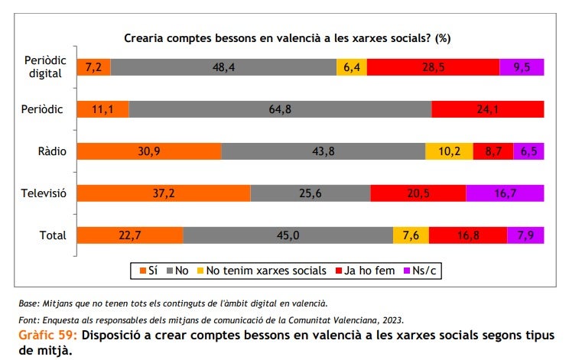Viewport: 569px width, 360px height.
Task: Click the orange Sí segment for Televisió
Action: (x=164, y=193)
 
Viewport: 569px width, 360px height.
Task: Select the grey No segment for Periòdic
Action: (x=280, y=109)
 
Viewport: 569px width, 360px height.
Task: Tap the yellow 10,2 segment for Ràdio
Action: (x=449, y=151)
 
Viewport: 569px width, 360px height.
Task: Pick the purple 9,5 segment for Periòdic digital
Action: (x=522, y=66)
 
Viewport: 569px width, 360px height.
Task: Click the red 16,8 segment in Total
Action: (x=467, y=235)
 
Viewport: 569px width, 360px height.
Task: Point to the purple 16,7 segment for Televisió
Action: (x=505, y=193)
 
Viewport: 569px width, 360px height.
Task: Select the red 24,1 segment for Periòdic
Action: (x=488, y=109)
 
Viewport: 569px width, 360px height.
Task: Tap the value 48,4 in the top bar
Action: (x=223, y=66)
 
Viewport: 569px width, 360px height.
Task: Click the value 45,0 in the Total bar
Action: (x=288, y=235)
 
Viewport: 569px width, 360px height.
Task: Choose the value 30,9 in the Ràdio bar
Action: (x=149, y=151)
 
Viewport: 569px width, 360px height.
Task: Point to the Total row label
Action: (x=53, y=235)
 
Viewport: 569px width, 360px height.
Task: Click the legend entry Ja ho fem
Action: (x=370, y=271)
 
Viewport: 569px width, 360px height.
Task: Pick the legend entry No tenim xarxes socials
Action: (x=267, y=271)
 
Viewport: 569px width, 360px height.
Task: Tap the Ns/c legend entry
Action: (x=428, y=271)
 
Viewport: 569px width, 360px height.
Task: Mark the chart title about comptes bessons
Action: (x=287, y=37)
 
